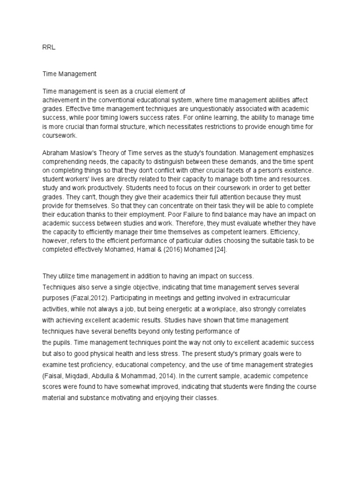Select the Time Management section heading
[x=69, y=74]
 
